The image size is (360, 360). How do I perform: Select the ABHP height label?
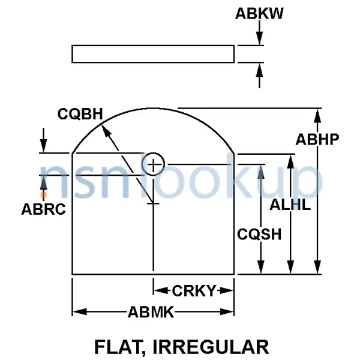318,139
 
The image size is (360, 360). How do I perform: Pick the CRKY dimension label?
194,291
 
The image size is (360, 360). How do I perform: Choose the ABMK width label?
151,311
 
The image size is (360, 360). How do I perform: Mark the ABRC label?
43,209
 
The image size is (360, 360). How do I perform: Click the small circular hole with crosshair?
154,164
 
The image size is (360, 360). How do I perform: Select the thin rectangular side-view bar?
153,54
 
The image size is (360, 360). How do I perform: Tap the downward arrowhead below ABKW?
259,39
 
